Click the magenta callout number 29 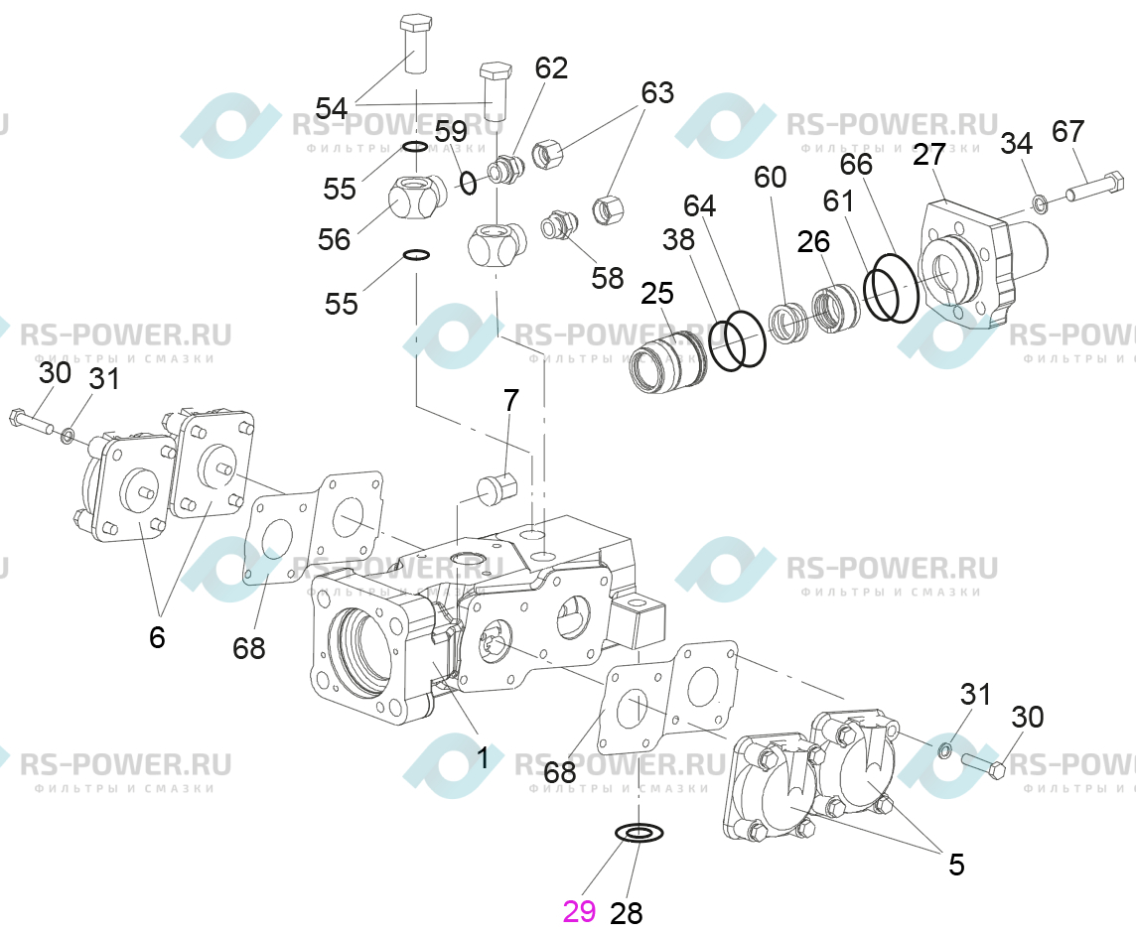click(x=580, y=911)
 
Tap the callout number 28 click(x=627, y=914)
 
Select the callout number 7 click(x=510, y=400)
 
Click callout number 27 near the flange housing click(x=929, y=154)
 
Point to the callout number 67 click(x=1067, y=132)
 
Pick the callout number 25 click(x=657, y=293)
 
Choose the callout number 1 click(x=482, y=758)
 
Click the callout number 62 click(x=551, y=68)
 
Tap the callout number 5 click(x=956, y=865)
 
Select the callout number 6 click(x=157, y=637)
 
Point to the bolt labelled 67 click(x=1094, y=186)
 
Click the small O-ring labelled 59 click(x=469, y=183)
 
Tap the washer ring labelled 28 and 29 click(x=639, y=834)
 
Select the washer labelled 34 click(x=1040, y=202)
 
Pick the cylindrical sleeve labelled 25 click(x=665, y=361)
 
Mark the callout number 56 click(x=334, y=239)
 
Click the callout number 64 click(x=699, y=205)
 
